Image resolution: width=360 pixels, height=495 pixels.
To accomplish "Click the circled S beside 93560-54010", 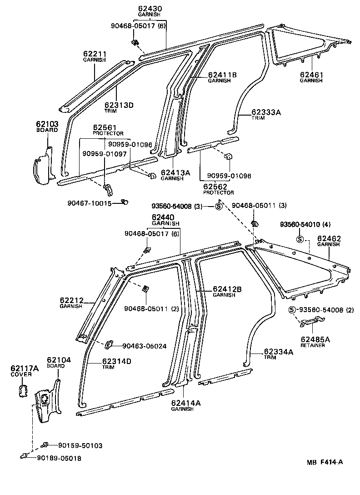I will [x=300, y=240].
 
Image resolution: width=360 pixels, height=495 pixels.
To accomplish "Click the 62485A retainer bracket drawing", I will [x=310, y=323].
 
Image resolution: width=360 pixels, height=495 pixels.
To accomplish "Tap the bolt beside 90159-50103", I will [x=45, y=445].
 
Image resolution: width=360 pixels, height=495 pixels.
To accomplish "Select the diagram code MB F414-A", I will [x=324, y=463].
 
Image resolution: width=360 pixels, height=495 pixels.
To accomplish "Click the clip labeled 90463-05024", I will [x=110, y=345].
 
